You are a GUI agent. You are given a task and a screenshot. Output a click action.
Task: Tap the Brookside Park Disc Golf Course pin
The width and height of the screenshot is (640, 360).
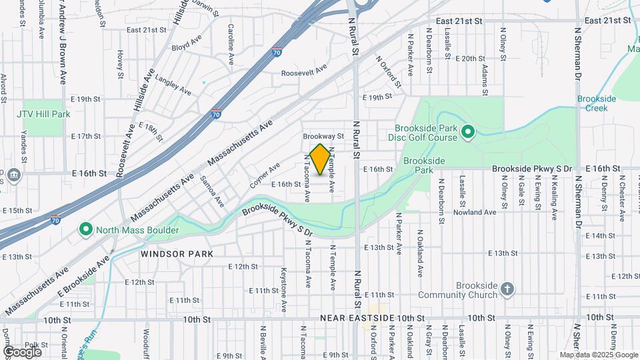[x=467, y=133]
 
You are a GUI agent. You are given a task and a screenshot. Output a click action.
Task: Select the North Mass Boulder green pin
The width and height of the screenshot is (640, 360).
[x=86, y=230]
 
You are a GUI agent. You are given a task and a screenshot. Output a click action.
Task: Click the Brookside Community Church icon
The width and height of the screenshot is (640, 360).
[x=507, y=289]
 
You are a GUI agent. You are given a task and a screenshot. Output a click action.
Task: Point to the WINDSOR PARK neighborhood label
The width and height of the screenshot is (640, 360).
[x=177, y=254]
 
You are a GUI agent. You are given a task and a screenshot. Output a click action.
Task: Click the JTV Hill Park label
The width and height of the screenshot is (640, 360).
[x=43, y=114]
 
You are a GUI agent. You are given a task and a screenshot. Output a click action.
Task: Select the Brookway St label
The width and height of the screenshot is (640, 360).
[x=323, y=135]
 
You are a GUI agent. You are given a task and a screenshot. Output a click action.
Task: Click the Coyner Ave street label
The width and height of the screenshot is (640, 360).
[x=265, y=176]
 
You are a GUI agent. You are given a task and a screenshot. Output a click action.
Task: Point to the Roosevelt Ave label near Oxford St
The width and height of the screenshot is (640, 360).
[x=304, y=72]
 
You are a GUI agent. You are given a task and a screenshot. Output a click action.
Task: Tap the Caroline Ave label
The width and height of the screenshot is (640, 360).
[x=231, y=44]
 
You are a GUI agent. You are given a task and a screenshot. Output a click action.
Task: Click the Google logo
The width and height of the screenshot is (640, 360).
[x=22, y=351]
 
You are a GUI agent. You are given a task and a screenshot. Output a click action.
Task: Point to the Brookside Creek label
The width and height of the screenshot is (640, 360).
[x=597, y=103]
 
